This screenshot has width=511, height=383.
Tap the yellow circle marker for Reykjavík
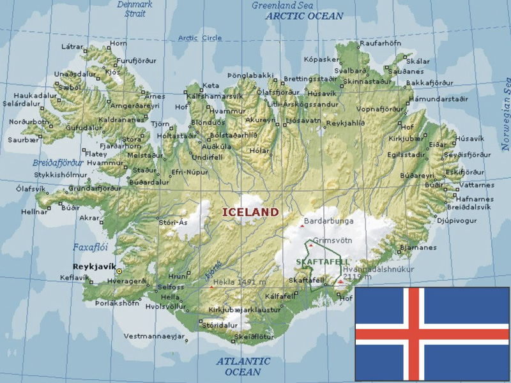(119, 271)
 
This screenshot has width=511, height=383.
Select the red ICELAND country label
(250, 212)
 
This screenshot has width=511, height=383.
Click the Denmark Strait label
(135, 8)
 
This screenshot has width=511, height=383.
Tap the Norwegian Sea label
(505, 112)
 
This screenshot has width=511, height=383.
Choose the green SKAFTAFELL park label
(323, 262)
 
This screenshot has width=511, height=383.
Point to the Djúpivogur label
(457, 220)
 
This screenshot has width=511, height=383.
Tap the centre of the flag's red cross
(413, 333)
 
